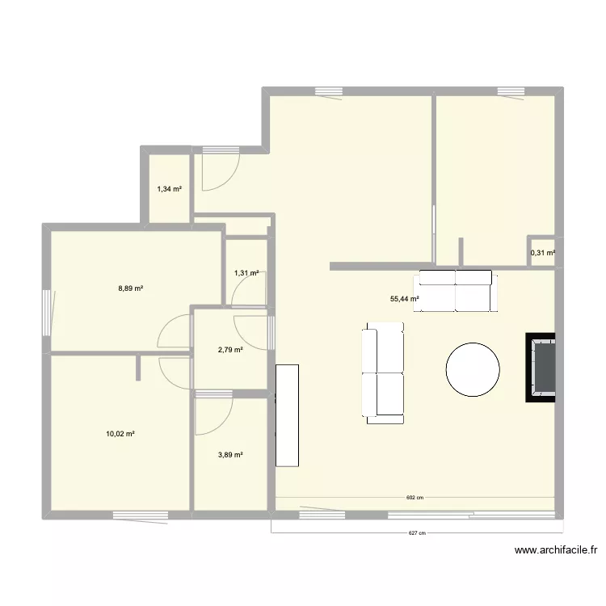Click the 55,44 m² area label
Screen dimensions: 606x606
tap(405, 299)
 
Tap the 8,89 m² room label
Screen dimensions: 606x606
tap(131, 288)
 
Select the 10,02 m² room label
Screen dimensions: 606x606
tap(120, 434)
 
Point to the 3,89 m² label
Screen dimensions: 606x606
tap(230, 455)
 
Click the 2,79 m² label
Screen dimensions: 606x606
tap(230, 350)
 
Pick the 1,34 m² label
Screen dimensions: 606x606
tap(170, 189)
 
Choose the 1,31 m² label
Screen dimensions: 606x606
tap(246, 273)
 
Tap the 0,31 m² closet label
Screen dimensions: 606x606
tap(543, 253)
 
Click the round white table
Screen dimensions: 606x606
tap(473, 369)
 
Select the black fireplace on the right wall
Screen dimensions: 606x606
tap(541, 368)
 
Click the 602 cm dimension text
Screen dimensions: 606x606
tap(415, 498)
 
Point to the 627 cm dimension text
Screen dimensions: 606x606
tap(417, 533)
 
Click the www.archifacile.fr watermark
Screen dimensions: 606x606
tap(556, 550)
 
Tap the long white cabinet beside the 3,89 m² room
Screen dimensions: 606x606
tap(287, 415)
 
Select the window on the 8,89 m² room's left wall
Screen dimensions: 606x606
tap(47, 313)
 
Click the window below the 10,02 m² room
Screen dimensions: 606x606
tap(141, 516)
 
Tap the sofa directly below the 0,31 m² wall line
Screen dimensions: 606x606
tap(455, 291)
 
